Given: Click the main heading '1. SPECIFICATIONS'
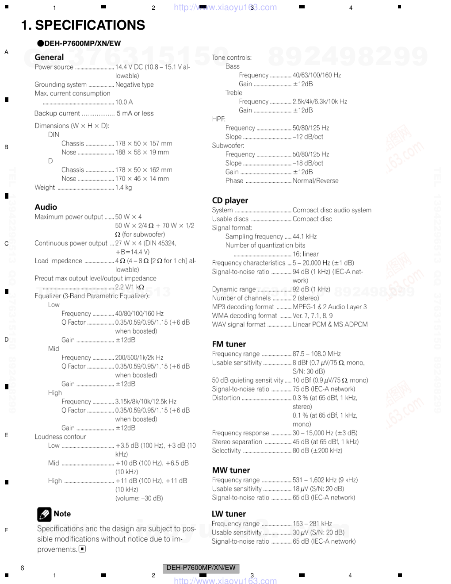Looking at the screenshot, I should click(x=83, y=25).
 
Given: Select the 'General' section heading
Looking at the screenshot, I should click(x=49, y=57).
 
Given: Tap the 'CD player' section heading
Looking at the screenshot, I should click(x=230, y=200).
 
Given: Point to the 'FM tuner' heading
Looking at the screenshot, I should click(x=229, y=344).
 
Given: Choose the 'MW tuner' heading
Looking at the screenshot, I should click(x=231, y=470).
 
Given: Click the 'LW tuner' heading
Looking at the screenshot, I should click(x=229, y=514).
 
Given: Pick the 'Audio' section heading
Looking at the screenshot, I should click(x=46, y=207).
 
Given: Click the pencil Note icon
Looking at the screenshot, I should click(x=44, y=514).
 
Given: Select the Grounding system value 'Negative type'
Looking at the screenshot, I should click(x=134, y=85).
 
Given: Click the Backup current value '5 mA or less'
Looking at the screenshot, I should click(x=135, y=113).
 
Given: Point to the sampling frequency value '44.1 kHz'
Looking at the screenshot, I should click(x=305, y=237).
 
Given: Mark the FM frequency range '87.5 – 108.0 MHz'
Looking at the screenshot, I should click(x=317, y=354).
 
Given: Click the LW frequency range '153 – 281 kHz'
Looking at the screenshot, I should click(x=312, y=524).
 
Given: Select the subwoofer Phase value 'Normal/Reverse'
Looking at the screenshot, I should click(x=315, y=181).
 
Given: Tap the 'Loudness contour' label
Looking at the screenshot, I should click(x=61, y=437).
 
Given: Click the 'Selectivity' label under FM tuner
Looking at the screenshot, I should click(x=226, y=451).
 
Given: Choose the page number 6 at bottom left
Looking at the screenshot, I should click(x=22, y=568).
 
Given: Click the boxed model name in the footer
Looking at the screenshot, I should click(x=201, y=568).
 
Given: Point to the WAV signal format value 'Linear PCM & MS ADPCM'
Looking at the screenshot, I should click(x=330, y=324).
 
